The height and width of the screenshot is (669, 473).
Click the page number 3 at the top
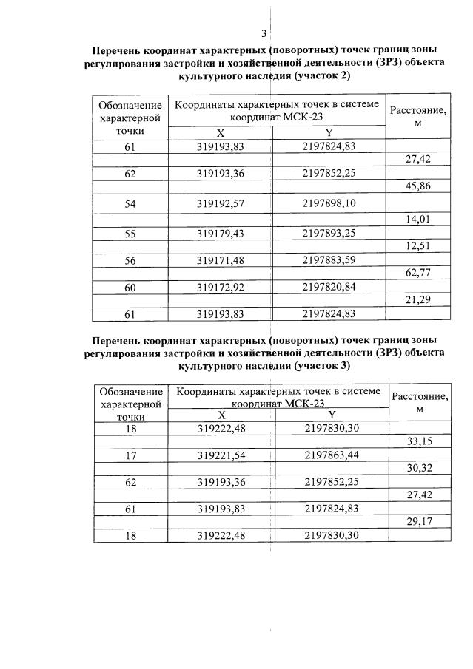coord(264,33)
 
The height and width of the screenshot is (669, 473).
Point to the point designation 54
coord(130,203)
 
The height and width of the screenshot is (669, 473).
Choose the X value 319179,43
coord(221,232)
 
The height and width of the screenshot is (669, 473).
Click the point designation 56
coord(130,259)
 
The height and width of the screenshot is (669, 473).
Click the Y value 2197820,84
coord(329,287)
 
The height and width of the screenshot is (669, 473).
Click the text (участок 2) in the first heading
coord(322,76)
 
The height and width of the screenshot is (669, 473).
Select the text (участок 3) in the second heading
coord(322,366)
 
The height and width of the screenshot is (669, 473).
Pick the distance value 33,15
coord(420,442)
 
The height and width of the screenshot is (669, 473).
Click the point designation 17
coord(131,455)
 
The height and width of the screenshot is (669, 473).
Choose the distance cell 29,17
coord(420,522)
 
